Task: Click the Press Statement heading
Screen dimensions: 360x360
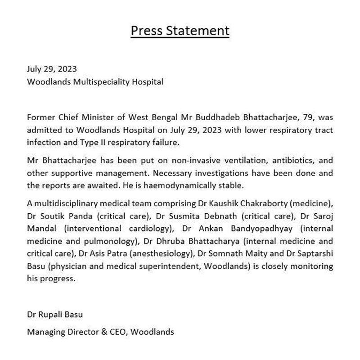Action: click(x=180, y=31)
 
